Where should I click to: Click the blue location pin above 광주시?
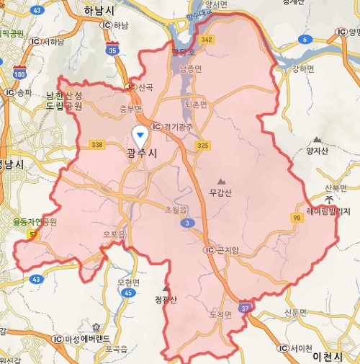click(141, 134)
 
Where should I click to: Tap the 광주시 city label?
click(141, 154)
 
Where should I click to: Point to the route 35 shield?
click(112, 50)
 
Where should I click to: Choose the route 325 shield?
click(202, 146)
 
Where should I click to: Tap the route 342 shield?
click(207, 38)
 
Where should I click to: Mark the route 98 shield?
click(297, 218)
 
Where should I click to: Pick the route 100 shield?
click(19, 74)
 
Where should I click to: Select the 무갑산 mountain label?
click(220, 192)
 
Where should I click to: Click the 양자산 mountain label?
click(317, 150)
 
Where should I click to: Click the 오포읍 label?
click(114, 234)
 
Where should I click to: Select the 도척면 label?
click(219, 314)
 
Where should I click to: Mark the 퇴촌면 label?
click(195, 105)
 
